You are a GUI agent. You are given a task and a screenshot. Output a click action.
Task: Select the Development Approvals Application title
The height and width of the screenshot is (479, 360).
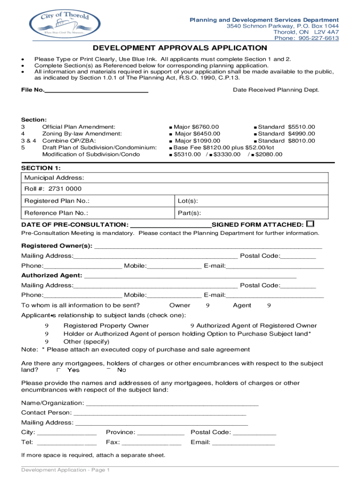[x=180, y=48]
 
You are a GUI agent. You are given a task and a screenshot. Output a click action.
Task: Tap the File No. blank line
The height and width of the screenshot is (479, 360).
[x=96, y=90]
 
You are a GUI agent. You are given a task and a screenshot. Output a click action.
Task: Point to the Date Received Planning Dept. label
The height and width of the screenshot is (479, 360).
[x=276, y=89]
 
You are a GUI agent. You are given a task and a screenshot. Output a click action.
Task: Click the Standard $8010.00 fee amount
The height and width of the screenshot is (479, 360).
[x=302, y=141]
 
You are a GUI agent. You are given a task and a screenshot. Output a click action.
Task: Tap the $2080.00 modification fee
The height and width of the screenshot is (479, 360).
[x=268, y=154]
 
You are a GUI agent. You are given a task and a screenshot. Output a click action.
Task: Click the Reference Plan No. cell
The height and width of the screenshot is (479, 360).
[x=97, y=213]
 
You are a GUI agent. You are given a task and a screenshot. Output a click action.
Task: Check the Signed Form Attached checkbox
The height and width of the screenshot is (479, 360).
[x=310, y=224]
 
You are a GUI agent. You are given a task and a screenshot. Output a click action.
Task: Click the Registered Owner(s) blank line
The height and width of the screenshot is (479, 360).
[x=208, y=246]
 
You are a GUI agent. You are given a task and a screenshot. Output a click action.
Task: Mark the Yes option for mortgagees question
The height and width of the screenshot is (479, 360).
[x=59, y=370]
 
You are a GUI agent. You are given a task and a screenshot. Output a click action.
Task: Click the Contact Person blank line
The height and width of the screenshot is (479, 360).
[x=159, y=413]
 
